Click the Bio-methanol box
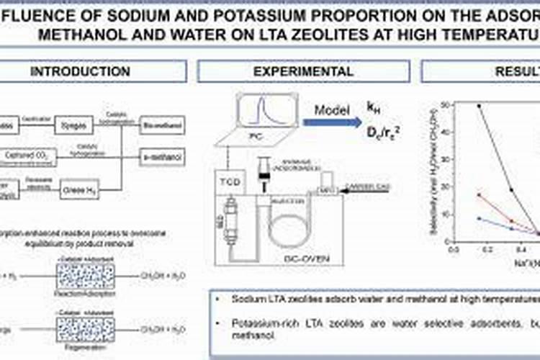[161, 126]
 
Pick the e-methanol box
[161, 156]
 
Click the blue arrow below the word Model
[332, 122]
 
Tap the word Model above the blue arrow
[332, 109]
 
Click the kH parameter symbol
[374, 108]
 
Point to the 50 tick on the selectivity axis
[448, 105]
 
